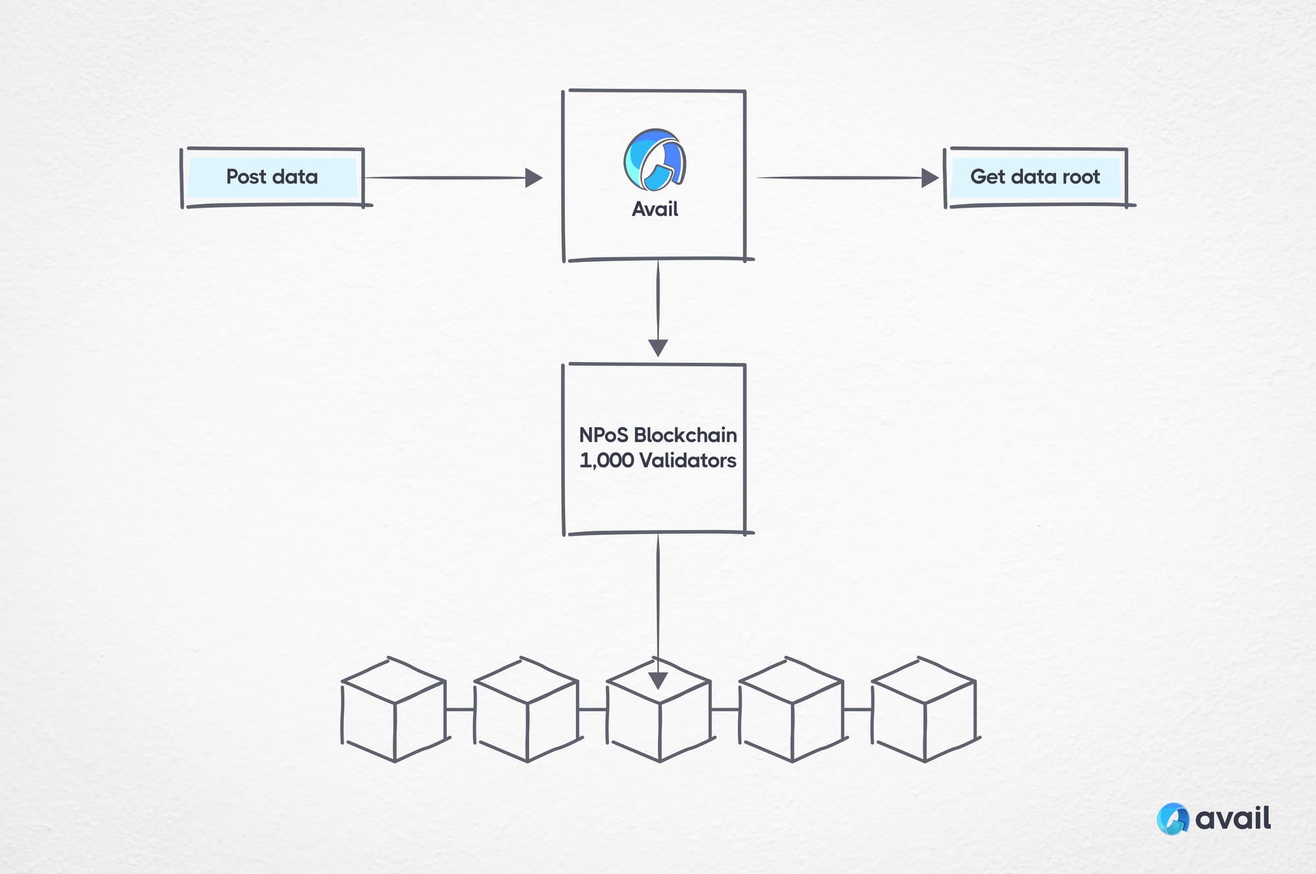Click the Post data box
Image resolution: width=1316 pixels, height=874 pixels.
click(x=272, y=177)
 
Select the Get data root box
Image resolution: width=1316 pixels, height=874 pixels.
click(x=1035, y=177)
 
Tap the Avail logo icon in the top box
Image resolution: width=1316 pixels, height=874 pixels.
click(x=655, y=160)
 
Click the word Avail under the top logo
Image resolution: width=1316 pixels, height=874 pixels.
click(x=655, y=209)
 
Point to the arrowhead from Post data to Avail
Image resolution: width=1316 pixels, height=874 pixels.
click(x=534, y=178)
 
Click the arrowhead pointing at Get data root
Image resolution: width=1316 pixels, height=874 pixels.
click(x=930, y=178)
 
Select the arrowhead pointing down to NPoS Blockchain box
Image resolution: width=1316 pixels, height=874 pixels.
click(x=658, y=347)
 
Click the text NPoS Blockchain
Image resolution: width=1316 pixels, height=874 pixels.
click(x=657, y=435)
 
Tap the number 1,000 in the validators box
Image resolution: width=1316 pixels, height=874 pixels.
click(x=606, y=461)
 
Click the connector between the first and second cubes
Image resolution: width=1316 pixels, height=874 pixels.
click(x=460, y=709)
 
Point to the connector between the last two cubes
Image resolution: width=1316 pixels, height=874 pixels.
click(x=857, y=709)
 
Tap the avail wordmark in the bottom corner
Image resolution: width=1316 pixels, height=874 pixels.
click(x=1232, y=819)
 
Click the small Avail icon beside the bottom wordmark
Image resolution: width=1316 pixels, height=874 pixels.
click(x=1173, y=819)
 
